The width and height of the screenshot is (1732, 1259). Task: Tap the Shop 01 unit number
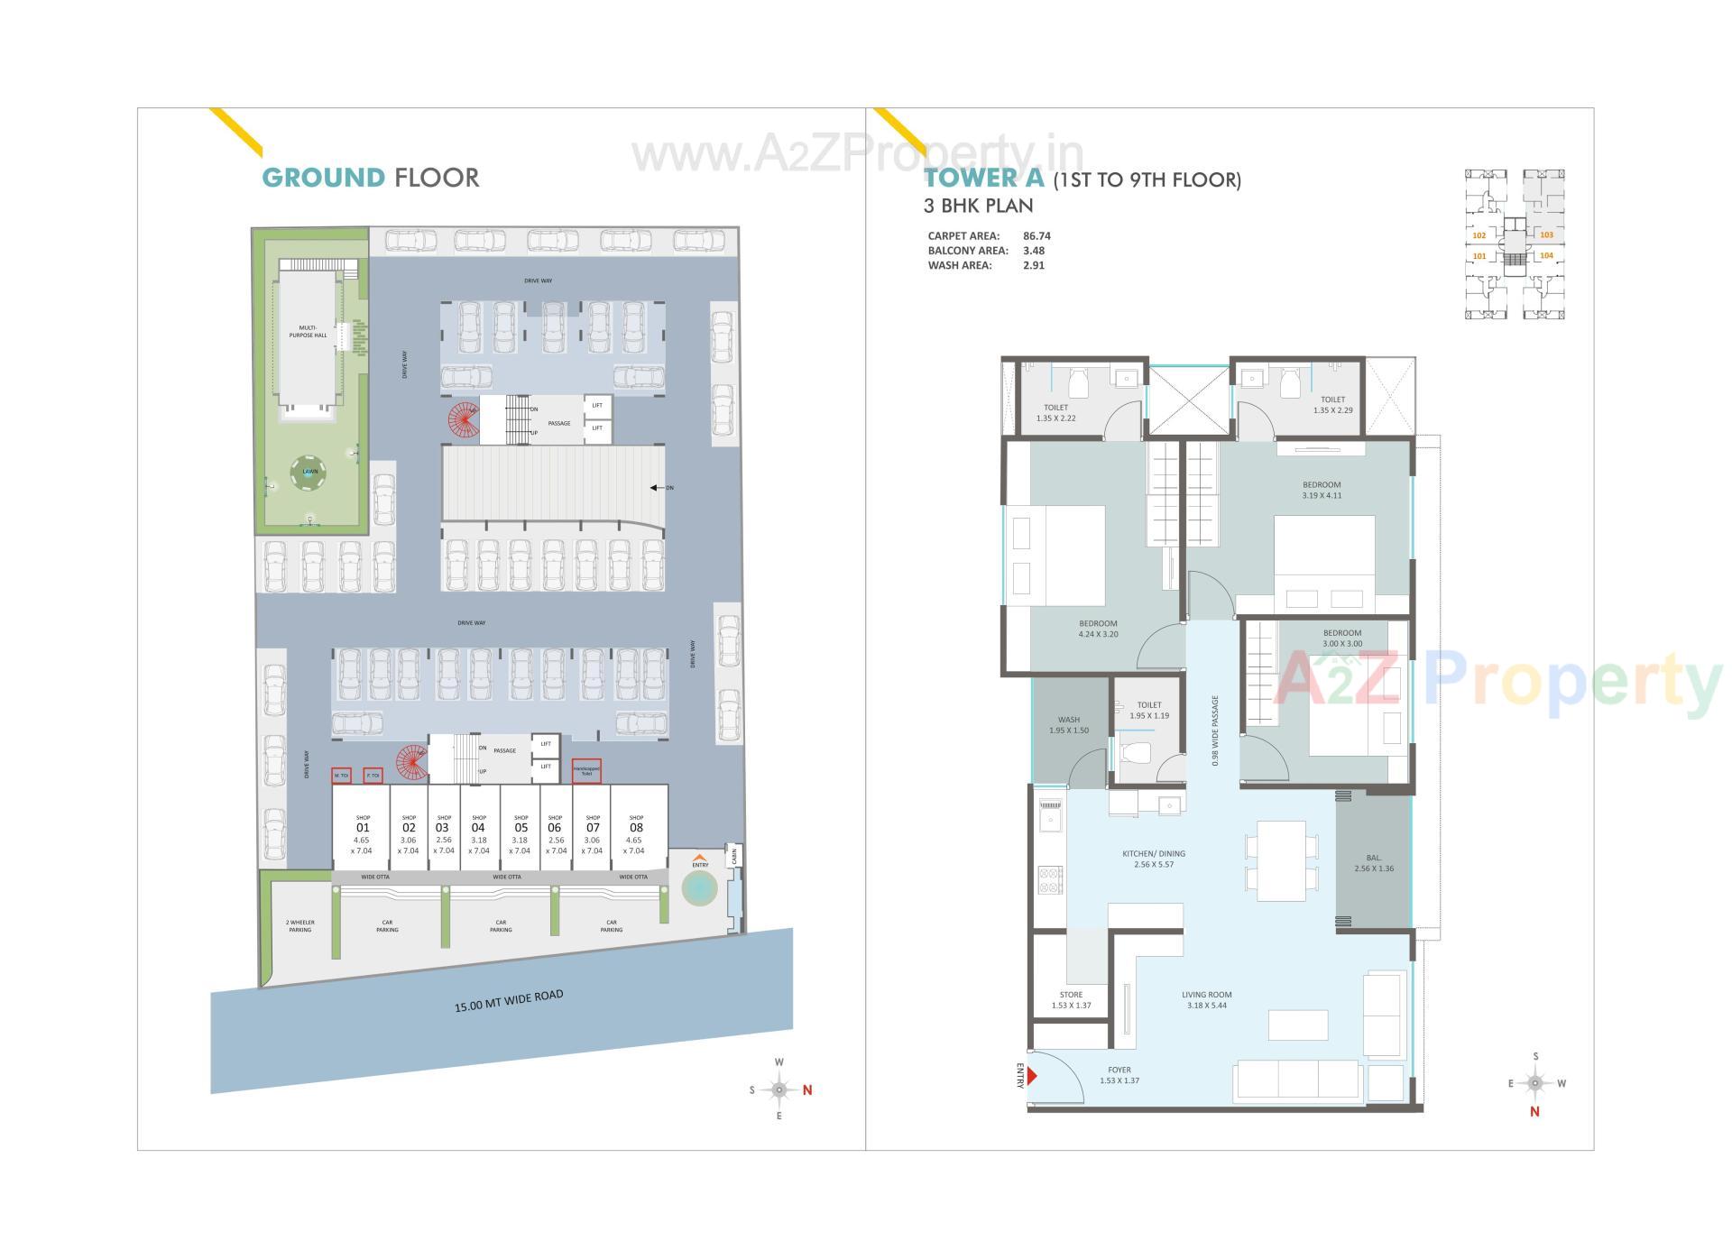click(363, 828)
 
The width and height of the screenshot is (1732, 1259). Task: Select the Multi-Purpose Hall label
click(308, 331)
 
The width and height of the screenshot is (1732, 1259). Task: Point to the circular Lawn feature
click(309, 472)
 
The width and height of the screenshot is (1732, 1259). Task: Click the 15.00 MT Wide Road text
click(509, 1001)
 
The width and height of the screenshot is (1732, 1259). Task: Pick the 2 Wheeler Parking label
click(299, 926)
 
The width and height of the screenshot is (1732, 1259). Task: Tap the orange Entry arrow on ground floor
click(700, 857)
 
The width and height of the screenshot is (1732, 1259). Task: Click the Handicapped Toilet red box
click(586, 772)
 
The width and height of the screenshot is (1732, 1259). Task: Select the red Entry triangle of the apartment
click(1032, 1076)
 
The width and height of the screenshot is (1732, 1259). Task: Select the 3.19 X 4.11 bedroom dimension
click(1322, 495)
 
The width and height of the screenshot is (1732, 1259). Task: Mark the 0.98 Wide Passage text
click(1215, 731)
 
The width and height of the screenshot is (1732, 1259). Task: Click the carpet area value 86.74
click(1036, 236)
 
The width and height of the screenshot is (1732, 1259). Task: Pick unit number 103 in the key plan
click(1546, 234)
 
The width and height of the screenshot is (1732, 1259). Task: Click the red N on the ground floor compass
click(807, 1090)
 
